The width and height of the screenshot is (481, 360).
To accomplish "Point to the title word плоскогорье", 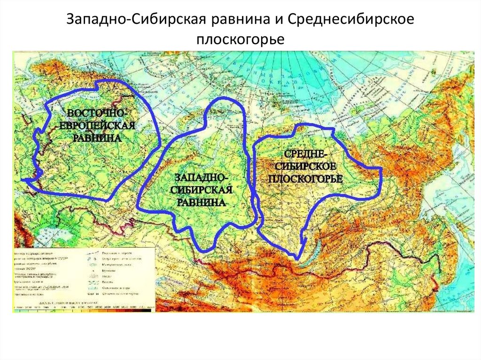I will (x=240, y=39).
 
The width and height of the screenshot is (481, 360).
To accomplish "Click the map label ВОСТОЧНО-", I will (x=96, y=114).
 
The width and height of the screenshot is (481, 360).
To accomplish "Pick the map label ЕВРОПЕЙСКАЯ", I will (x=97, y=126).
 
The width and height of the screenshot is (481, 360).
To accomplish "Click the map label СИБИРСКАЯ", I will (x=202, y=190).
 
